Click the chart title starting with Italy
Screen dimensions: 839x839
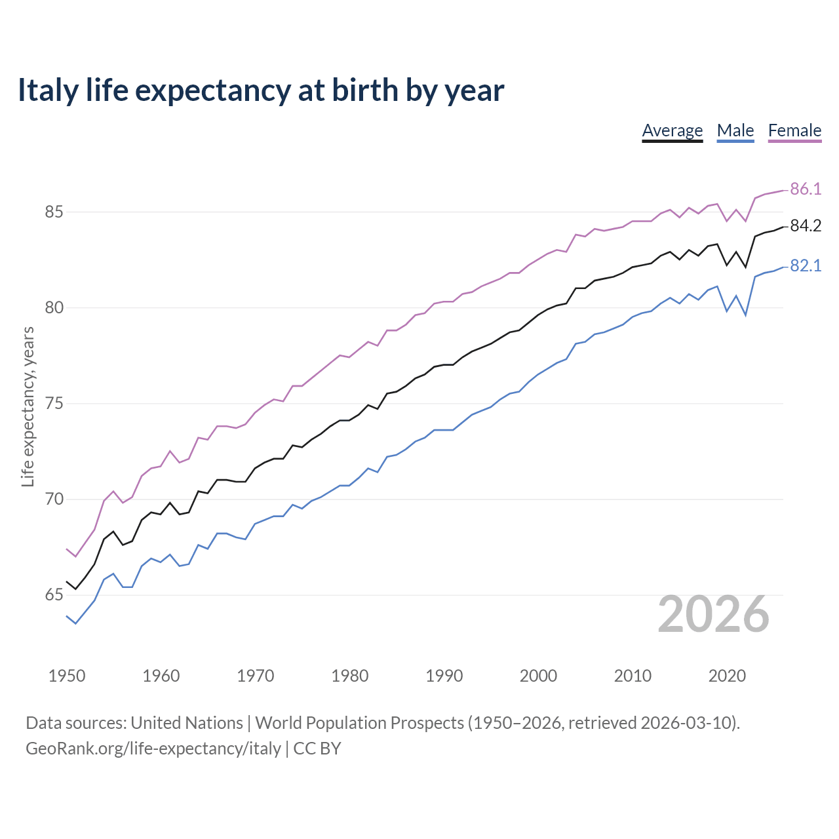[x=261, y=90]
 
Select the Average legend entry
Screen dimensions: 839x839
[x=672, y=130]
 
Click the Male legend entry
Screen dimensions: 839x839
[x=735, y=130]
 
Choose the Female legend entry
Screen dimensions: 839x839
[x=794, y=130]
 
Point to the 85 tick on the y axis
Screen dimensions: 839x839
[x=54, y=212]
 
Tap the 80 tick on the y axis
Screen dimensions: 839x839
[x=54, y=308]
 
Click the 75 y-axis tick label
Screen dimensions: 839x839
[x=54, y=404]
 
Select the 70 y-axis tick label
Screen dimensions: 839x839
[x=54, y=499]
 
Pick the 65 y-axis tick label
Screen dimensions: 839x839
[x=54, y=595]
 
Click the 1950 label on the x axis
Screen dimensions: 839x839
[x=67, y=676]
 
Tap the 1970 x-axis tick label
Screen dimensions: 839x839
[x=256, y=676]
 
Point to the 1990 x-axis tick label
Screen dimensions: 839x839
[x=444, y=676]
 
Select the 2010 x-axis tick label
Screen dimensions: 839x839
[x=633, y=676]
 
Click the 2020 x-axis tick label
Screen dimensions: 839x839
[x=727, y=676]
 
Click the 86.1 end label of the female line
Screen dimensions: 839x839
[x=806, y=189]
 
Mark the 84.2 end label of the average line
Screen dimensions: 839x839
[x=806, y=226]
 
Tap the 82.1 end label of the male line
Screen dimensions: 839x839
[x=806, y=266]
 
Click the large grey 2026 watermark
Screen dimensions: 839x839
[x=713, y=614]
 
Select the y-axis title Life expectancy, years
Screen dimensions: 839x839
[x=28, y=407]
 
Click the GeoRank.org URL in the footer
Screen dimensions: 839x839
[x=153, y=749]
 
